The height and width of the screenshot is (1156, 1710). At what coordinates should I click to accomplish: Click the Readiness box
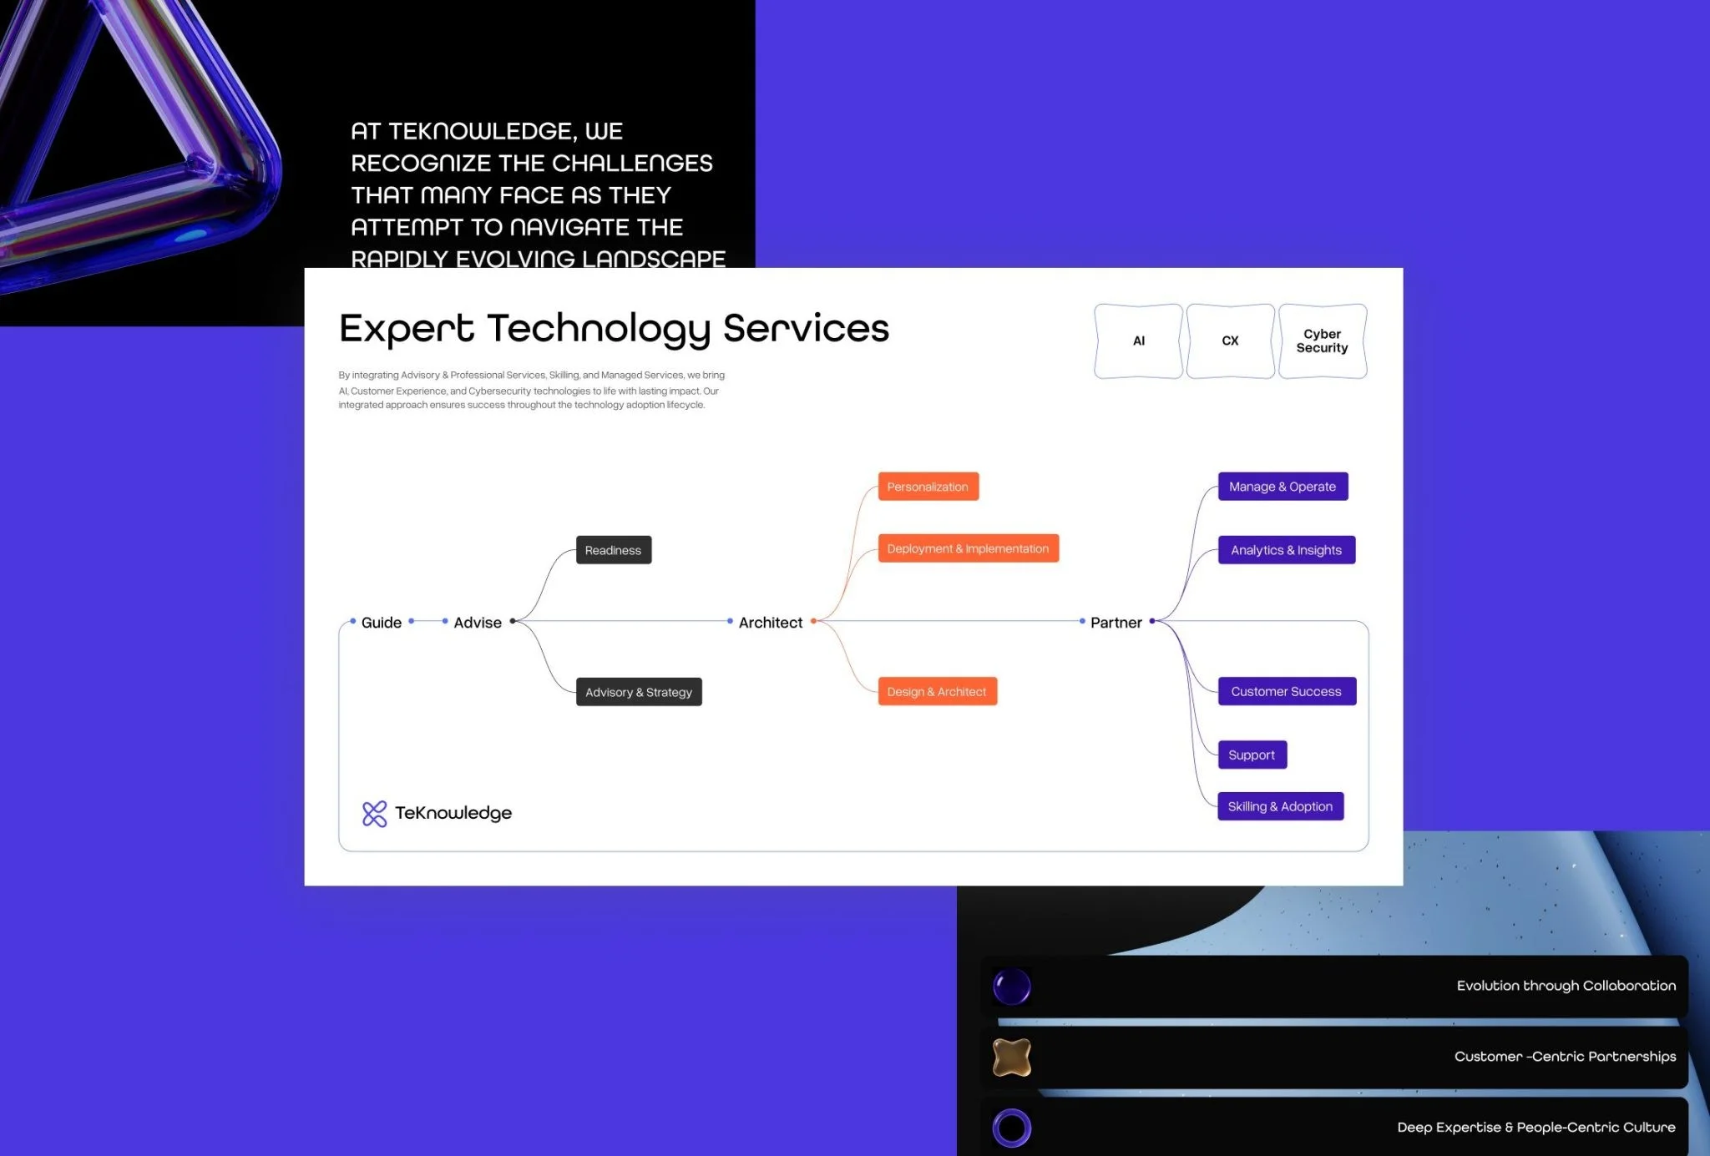(x=614, y=550)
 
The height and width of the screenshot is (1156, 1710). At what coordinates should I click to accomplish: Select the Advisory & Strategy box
(x=639, y=692)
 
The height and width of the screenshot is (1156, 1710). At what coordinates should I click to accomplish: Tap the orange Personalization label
(x=928, y=487)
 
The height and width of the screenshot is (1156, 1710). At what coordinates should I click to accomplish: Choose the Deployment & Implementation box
(x=969, y=548)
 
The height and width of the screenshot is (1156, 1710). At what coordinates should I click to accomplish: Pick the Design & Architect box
(x=938, y=691)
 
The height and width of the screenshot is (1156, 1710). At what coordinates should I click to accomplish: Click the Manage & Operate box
(x=1283, y=487)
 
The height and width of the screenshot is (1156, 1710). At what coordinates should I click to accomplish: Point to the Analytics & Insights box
(x=1287, y=550)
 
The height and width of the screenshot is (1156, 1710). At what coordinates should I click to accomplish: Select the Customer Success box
(x=1287, y=691)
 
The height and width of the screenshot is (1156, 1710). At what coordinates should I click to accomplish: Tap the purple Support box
(x=1252, y=755)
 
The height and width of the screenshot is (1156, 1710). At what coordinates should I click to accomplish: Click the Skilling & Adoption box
(x=1281, y=806)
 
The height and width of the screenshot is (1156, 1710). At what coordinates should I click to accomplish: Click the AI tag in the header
(x=1139, y=341)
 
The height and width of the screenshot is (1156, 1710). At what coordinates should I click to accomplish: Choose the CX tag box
(x=1231, y=341)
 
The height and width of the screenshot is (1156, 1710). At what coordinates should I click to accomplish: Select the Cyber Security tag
(x=1323, y=341)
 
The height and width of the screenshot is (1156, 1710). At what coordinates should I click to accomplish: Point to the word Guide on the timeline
(x=382, y=623)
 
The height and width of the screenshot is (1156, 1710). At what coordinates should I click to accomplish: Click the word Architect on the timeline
(x=771, y=623)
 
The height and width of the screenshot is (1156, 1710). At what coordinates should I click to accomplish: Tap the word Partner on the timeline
(x=1116, y=623)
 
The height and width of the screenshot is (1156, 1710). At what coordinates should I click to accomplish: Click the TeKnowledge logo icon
(x=375, y=814)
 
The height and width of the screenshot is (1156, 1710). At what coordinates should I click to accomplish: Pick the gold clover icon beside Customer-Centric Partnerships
(x=1012, y=1058)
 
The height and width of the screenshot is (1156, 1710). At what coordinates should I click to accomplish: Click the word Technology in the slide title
(x=598, y=330)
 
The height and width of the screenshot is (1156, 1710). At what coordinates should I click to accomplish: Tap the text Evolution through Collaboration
(x=1566, y=986)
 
